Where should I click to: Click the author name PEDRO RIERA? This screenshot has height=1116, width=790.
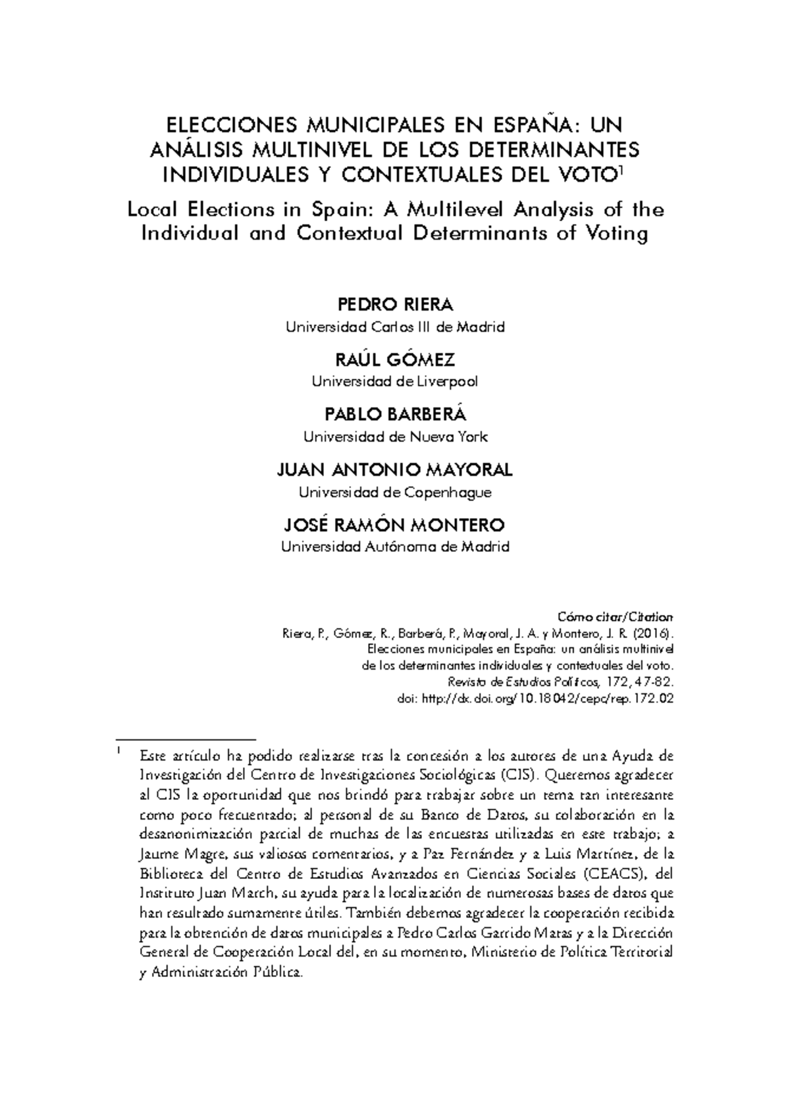(395, 306)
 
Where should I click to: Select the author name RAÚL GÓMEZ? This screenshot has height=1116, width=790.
(395, 360)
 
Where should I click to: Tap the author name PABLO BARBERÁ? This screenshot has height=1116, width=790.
(395, 415)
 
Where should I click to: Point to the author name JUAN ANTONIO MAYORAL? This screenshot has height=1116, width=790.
(395, 470)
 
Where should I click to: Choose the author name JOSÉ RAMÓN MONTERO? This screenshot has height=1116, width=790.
(395, 525)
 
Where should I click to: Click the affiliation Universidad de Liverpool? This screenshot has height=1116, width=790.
(395, 381)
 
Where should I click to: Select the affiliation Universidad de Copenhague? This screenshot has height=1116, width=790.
(395, 492)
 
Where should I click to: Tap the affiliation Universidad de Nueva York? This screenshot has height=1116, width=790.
(395, 437)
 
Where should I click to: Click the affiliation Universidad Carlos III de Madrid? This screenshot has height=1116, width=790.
(395, 327)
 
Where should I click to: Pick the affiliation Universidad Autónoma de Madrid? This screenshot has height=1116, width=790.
(395, 546)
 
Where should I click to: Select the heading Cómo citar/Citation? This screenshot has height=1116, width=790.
(616, 618)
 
